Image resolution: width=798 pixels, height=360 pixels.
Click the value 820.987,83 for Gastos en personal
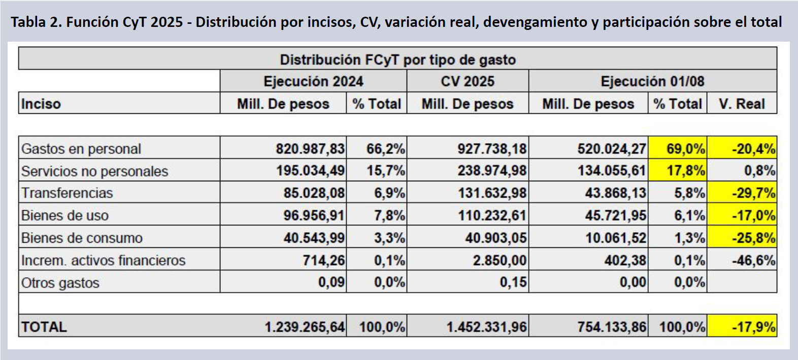click(310, 149)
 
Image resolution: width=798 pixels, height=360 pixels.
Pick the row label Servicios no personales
click(94, 171)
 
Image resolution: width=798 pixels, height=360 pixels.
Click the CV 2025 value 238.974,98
click(491, 171)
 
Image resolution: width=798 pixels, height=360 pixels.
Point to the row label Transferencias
click(67, 193)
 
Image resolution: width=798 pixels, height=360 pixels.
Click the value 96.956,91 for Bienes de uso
click(314, 215)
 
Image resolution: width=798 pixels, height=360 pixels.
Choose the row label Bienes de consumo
click(82, 238)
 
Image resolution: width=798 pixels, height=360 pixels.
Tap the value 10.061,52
click(615, 238)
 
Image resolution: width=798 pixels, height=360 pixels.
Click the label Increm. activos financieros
click(103, 260)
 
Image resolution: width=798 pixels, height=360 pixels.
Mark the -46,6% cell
click(753, 260)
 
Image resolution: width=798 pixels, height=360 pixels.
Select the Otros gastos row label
click(60, 283)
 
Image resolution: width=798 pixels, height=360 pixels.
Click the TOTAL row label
click(44, 326)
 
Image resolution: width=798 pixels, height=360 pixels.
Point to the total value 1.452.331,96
click(486, 326)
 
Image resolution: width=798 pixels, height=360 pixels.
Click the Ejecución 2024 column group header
click(313, 81)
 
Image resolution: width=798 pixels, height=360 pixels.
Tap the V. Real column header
click(742, 104)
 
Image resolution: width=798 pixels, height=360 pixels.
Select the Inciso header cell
click(41, 104)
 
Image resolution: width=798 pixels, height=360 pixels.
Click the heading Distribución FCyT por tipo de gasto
click(397, 59)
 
